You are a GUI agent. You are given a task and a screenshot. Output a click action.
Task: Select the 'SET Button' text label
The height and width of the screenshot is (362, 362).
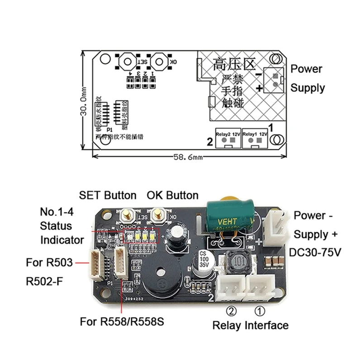coord(108,195)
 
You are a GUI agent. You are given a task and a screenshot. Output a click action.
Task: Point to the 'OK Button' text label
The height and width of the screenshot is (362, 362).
coord(172,195)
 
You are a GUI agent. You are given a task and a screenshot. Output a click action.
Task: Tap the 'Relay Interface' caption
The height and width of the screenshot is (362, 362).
coord(250,325)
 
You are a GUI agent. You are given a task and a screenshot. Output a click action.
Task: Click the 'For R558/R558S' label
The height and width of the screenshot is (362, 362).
coord(121,322)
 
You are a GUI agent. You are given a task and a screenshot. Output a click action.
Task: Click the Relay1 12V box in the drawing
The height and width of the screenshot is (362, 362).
coord(256,139)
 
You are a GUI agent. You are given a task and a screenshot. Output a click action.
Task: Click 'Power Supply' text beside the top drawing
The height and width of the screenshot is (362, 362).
coord(307,78)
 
